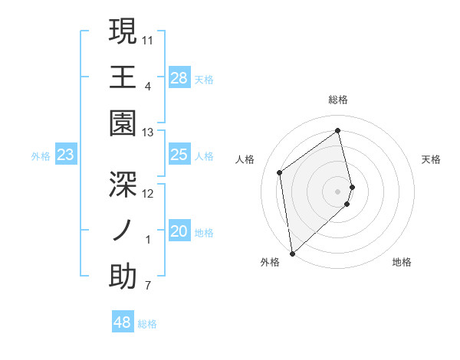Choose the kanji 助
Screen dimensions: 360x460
[123, 277]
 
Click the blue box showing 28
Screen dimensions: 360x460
[179, 78]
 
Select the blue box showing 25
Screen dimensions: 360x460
[179, 155]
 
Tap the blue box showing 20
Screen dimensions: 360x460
[179, 232]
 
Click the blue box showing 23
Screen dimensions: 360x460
[66, 155]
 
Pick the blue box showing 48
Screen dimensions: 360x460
[122, 322]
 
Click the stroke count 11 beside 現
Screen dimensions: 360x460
[148, 38]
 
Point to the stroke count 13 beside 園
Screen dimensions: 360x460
[148, 132]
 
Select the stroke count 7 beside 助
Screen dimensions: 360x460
[147, 286]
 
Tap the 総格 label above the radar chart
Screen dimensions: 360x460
[338, 100]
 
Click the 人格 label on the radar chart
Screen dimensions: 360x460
[245, 159]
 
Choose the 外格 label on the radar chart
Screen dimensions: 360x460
[269, 263]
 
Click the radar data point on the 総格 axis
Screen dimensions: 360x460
[338, 130]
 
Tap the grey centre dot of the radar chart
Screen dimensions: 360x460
[338, 190]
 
